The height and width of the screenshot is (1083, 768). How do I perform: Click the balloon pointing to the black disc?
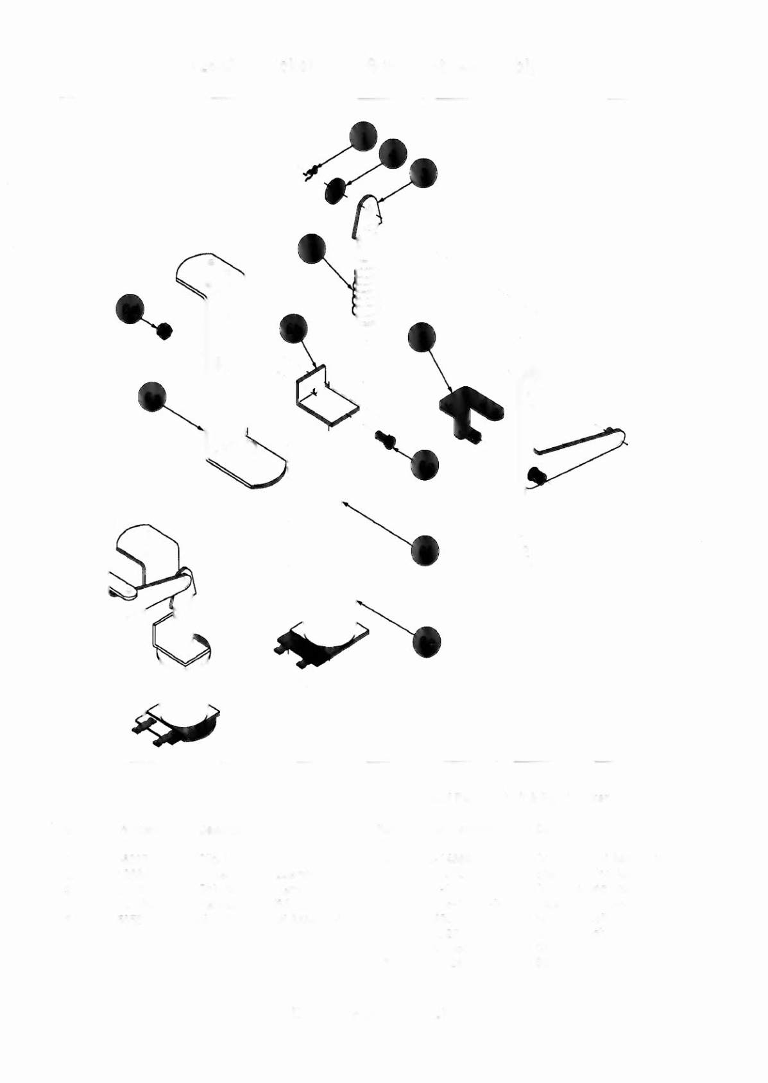pyautogui.click(x=393, y=153)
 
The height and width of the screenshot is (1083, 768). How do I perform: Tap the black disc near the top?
pyautogui.click(x=336, y=191)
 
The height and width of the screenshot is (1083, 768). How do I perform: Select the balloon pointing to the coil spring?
pyautogui.click(x=312, y=249)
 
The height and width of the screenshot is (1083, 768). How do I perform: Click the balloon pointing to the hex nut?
pyautogui.click(x=130, y=309)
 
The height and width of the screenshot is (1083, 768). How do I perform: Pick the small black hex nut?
pyautogui.click(x=164, y=331)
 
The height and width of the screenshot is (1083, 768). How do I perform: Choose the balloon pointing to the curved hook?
pyautogui.click(x=423, y=173)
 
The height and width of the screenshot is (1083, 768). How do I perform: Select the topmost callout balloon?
pyautogui.click(x=363, y=135)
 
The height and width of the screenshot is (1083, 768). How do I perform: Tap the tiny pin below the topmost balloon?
pyautogui.click(x=311, y=172)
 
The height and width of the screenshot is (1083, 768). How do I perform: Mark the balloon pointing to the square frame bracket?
pyautogui.click(x=294, y=329)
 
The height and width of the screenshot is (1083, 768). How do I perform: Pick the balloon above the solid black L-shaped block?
pyautogui.click(x=422, y=337)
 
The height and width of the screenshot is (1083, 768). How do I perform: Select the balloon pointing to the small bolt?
pyautogui.click(x=425, y=464)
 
